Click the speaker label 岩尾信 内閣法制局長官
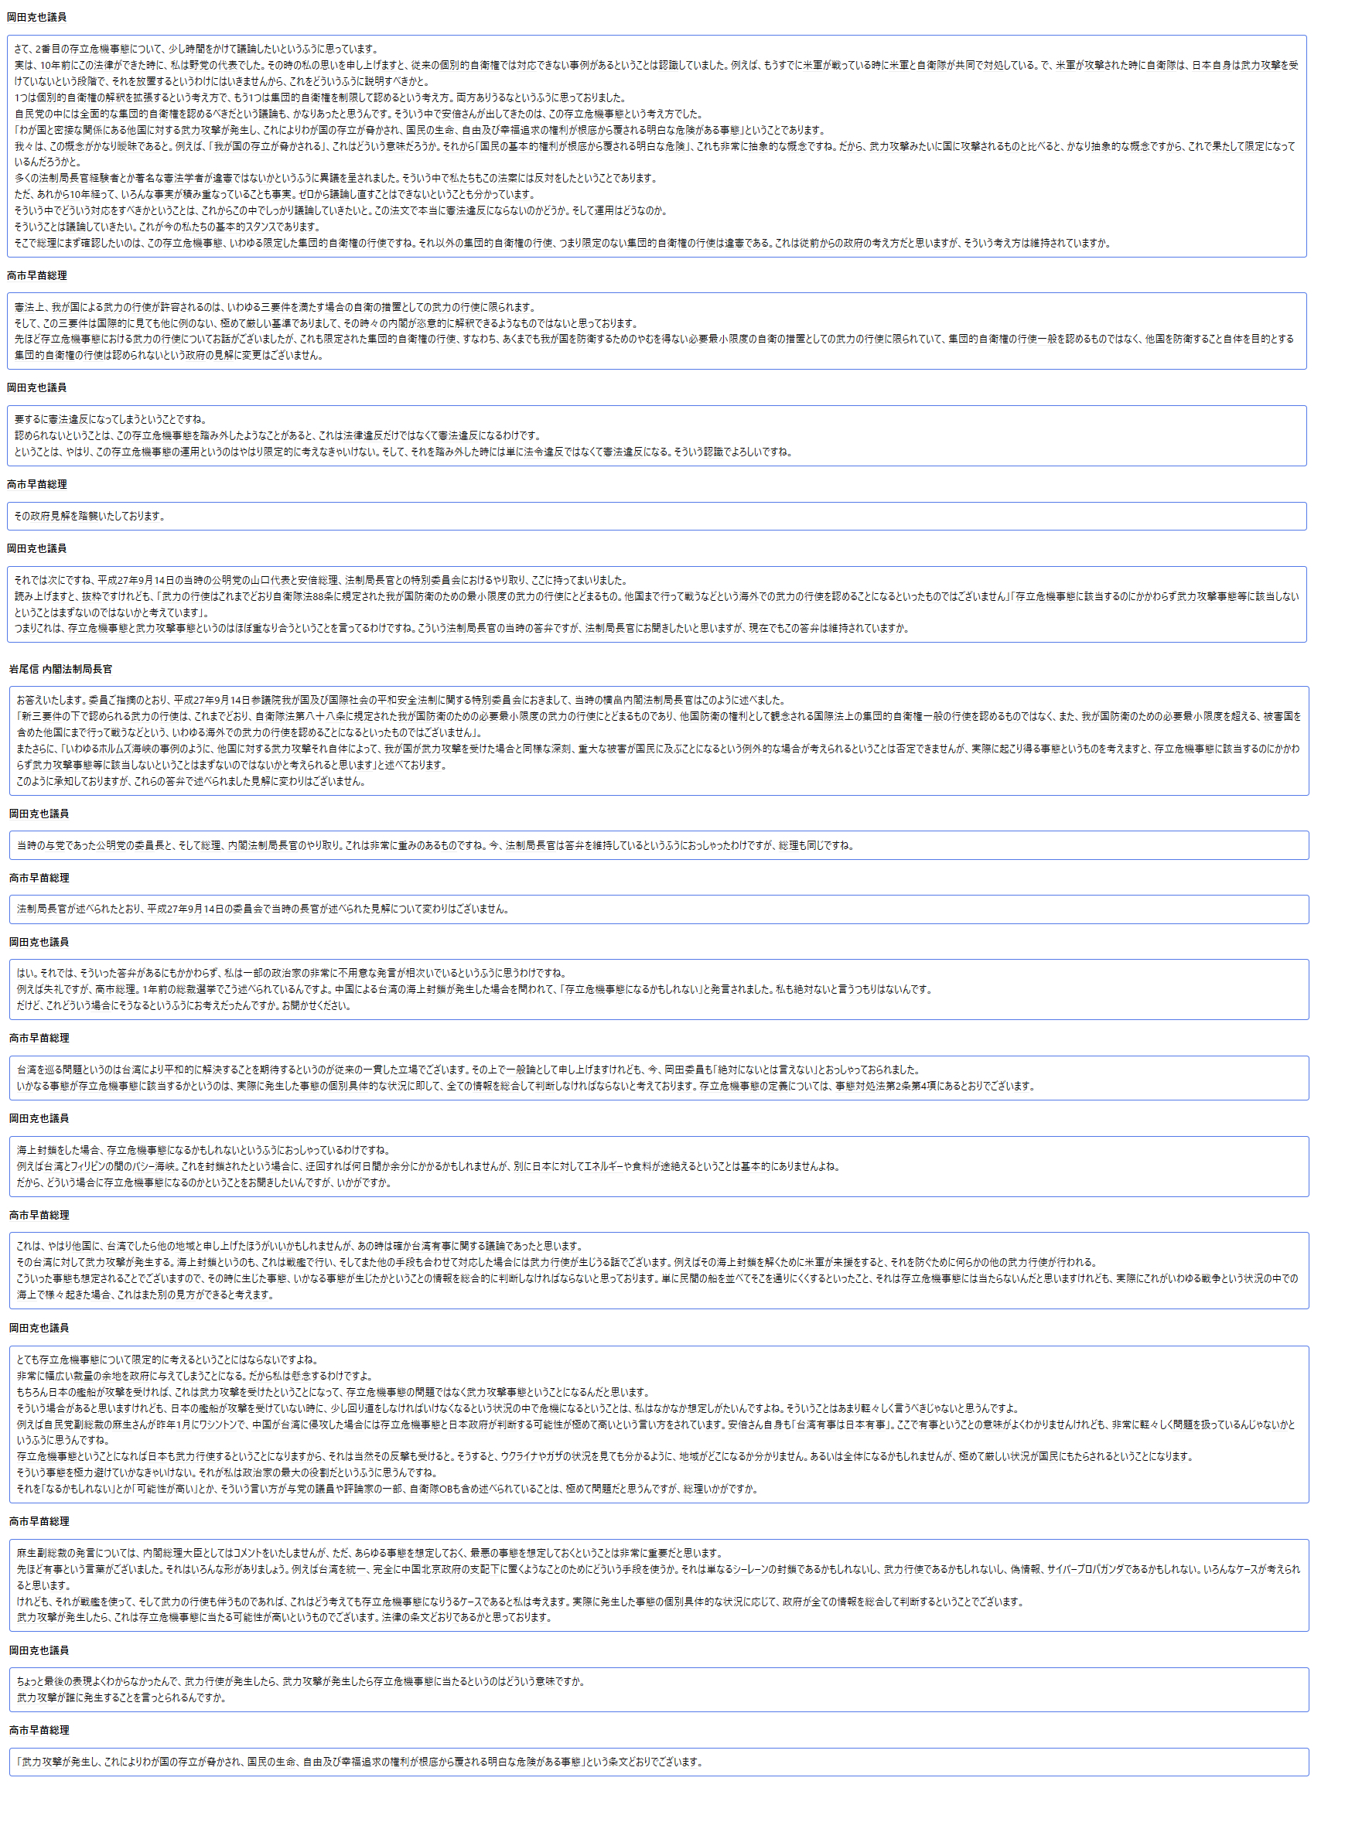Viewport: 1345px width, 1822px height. click(x=60, y=669)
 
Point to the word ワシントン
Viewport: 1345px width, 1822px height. click(x=326, y=1425)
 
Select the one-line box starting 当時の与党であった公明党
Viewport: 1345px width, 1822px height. click(x=658, y=845)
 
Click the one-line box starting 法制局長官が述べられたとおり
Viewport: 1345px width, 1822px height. click(x=658, y=909)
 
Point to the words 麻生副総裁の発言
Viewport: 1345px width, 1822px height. click(x=56, y=1553)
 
